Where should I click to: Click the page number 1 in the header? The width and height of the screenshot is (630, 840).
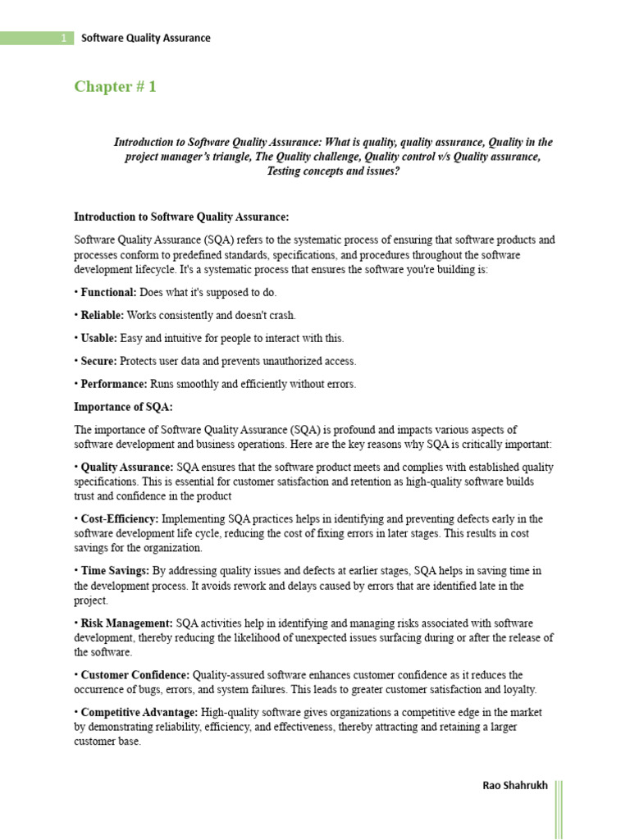(64, 38)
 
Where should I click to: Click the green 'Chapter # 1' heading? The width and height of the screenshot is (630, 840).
(115, 87)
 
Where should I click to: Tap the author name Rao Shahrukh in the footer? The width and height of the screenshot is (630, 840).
(514, 786)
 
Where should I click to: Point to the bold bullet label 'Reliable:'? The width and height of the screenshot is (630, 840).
(103, 315)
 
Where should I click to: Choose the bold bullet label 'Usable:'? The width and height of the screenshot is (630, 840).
(99, 338)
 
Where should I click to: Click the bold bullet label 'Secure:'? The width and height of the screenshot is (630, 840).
(100, 361)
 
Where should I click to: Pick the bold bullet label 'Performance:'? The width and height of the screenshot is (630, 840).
(114, 384)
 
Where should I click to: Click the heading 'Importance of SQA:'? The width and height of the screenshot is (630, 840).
(123, 406)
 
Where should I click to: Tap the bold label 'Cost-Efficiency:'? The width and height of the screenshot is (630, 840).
(120, 519)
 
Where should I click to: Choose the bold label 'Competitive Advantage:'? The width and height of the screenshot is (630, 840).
(139, 712)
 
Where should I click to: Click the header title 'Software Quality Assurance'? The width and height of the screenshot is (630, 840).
(146, 38)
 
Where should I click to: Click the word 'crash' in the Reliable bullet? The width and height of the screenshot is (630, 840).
(280, 315)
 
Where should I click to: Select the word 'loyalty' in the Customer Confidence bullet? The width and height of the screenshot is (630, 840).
(518, 689)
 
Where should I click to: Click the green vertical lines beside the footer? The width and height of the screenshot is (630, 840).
(559, 809)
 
